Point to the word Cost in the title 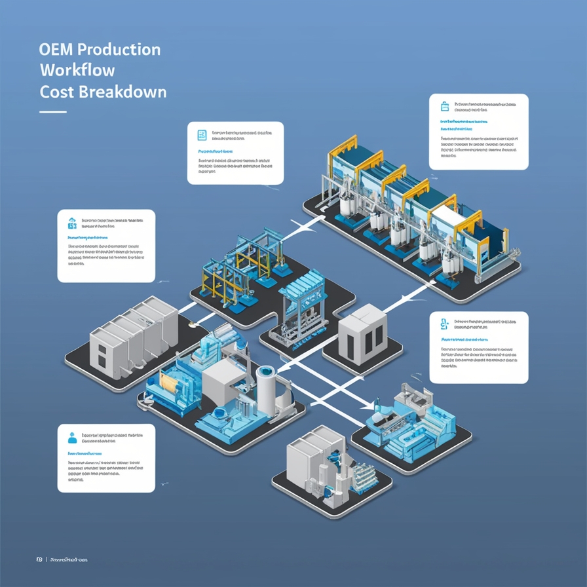56,91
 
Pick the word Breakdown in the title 123,91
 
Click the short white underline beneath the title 52,112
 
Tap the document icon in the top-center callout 202,136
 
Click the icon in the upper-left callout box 71,223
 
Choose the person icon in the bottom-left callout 72,438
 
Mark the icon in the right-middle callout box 444,322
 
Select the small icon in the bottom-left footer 39,559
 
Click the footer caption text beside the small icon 69,559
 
